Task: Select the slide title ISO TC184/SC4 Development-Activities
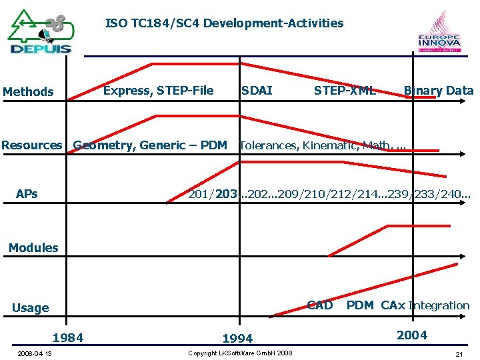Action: tap(225, 23)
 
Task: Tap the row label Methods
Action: tap(28, 91)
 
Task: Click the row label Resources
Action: tap(31, 145)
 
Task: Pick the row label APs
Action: tap(27, 194)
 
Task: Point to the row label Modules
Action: tap(33, 247)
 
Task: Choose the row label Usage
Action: tap(31, 307)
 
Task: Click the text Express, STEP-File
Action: tap(159, 91)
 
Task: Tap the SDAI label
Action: tap(257, 91)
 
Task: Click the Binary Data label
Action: tap(438, 91)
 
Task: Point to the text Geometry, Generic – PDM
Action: tap(150, 145)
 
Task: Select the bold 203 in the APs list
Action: tap(226, 194)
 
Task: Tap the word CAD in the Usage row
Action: tap(319, 305)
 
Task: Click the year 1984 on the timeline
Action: tap(68, 337)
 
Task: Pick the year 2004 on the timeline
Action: tap(412, 335)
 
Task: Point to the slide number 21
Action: tap(459, 353)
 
